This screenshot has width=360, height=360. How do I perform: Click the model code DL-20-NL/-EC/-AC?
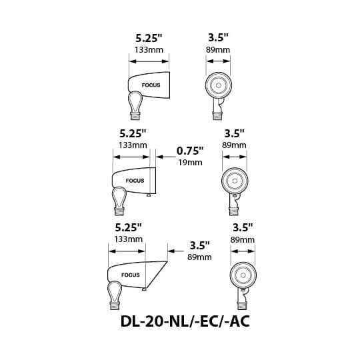point(185,321)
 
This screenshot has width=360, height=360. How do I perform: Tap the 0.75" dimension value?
point(190,151)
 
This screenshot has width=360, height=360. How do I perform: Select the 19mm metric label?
point(190,163)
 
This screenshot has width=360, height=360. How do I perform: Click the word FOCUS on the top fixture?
point(151,85)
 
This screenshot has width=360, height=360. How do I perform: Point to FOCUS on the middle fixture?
point(135,181)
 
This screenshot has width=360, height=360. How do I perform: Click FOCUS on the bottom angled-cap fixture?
point(131,275)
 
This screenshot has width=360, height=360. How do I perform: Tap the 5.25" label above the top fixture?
point(149,38)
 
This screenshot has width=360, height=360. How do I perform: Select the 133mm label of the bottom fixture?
point(129,239)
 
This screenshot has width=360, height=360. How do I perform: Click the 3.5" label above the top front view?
point(218,37)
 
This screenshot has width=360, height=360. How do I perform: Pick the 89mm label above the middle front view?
point(234,145)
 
